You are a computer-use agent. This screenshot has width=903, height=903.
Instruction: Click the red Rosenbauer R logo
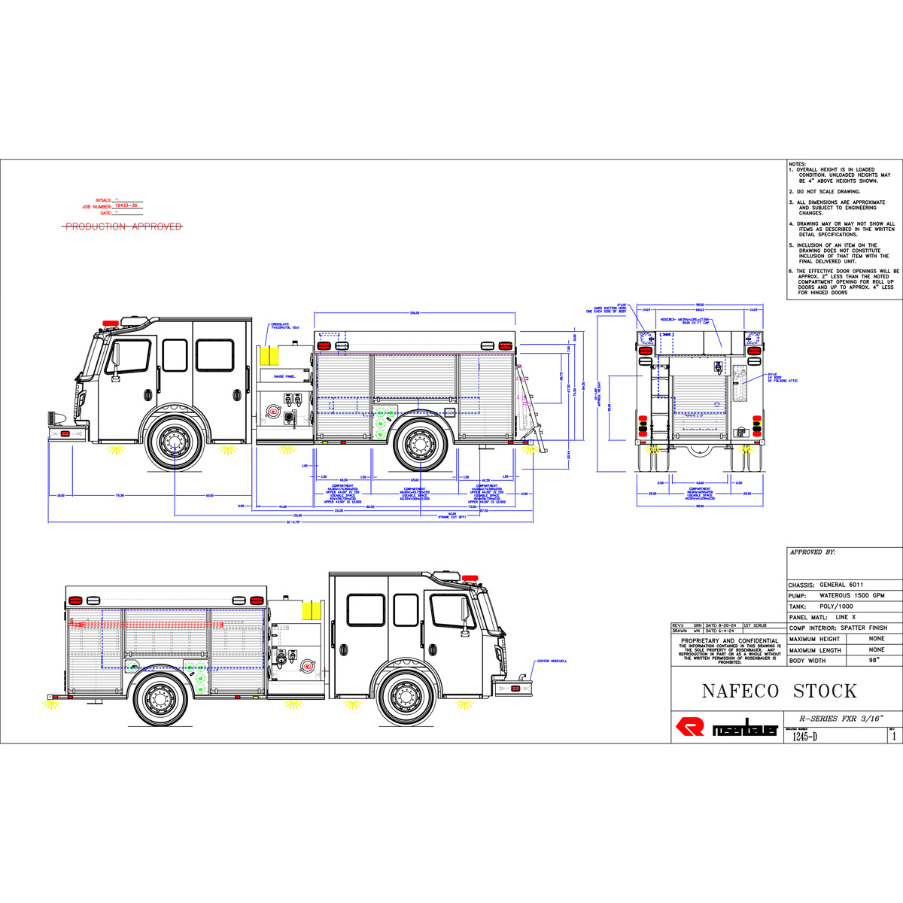690,727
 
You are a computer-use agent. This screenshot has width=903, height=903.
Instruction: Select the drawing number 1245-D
804,737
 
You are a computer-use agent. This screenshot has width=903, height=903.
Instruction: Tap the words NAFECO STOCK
779,691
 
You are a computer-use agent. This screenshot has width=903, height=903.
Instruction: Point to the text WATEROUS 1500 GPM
852,595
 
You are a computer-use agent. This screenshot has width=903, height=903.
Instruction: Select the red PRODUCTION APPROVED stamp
123,227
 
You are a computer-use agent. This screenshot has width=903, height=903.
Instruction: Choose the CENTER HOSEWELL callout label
552,661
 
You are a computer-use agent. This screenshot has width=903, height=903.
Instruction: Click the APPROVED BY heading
812,552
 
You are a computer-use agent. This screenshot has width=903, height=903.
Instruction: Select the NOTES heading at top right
796,163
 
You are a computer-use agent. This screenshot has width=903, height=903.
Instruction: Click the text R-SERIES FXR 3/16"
842,718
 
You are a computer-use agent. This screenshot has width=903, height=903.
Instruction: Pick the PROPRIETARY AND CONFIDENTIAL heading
729,641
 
